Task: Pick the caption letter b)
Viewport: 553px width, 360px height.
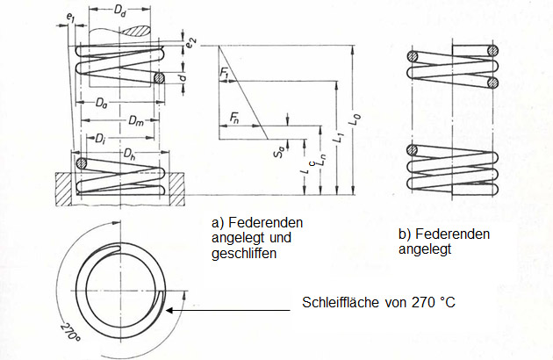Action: pos(406,235)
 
